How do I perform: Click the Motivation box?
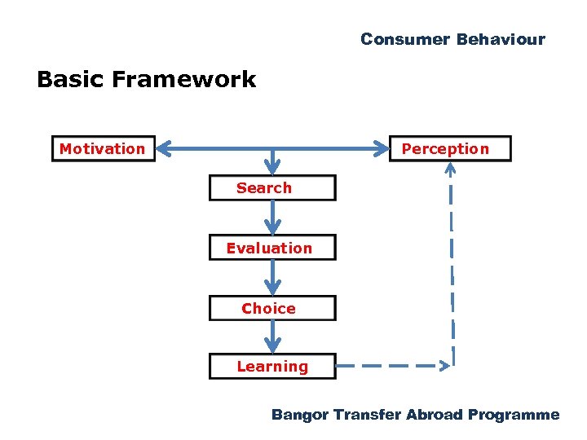tap(103, 149)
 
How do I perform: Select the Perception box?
tap(450, 149)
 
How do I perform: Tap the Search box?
tap(271, 188)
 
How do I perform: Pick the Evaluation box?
tap(271, 248)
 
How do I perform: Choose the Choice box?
tap(271, 308)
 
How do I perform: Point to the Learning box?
tap(271, 367)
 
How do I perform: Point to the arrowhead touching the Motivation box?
tap(164, 149)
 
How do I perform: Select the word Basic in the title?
tap(71, 79)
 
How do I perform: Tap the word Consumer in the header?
tap(405, 39)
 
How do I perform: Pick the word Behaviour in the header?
tap(501, 39)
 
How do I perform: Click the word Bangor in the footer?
tap(300, 415)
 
